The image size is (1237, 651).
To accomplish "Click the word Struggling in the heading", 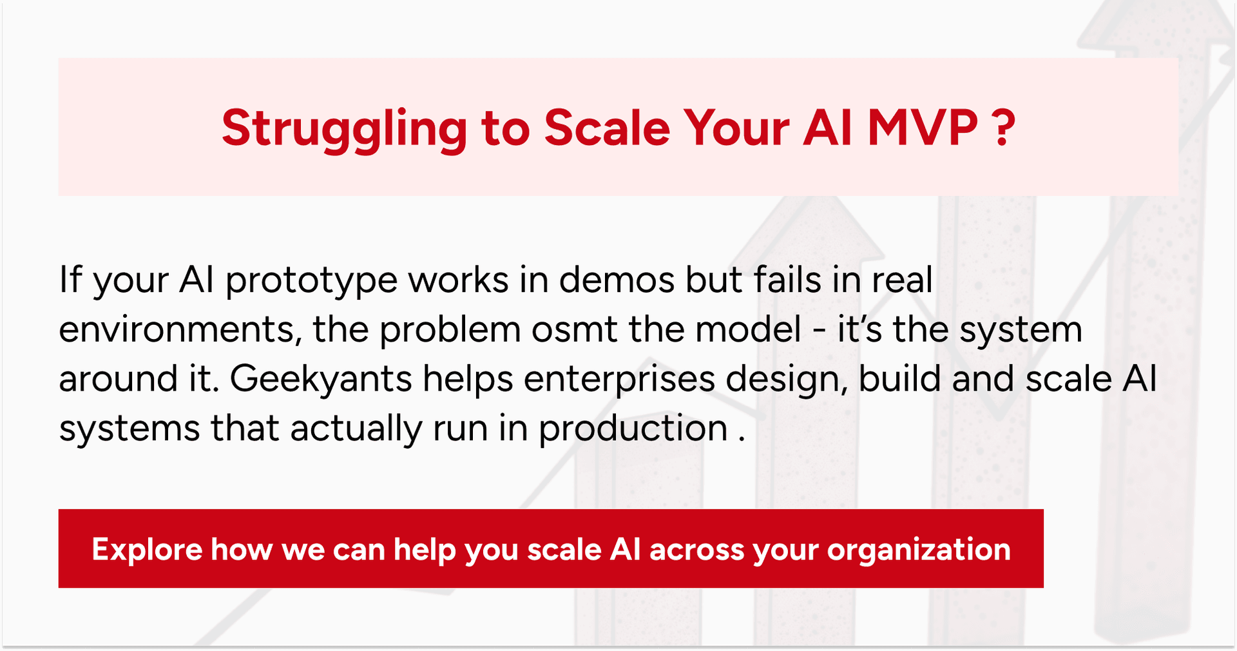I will pyautogui.click(x=344, y=129).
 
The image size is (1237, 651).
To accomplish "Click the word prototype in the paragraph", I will pyautogui.click(x=311, y=281).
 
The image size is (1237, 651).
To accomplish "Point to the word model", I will pyautogui.click(x=748, y=329).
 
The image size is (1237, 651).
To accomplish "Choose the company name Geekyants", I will pyautogui.click(x=321, y=379).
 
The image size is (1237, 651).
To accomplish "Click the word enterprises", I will pyautogui.click(x=619, y=379).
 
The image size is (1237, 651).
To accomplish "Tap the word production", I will pyautogui.click(x=633, y=429).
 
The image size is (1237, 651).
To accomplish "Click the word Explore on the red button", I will pyautogui.click(x=147, y=550).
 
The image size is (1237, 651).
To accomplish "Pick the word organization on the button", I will pyautogui.click(x=919, y=550).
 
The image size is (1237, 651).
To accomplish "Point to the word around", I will pyautogui.click(x=118, y=379).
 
